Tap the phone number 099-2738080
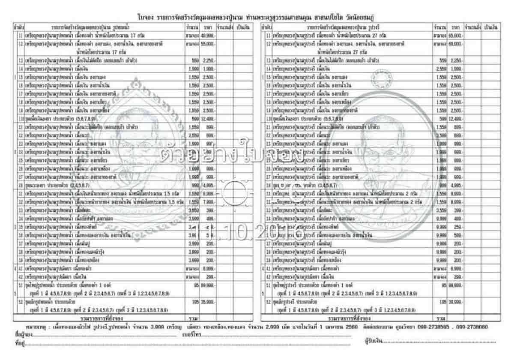[x=474, y=327]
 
